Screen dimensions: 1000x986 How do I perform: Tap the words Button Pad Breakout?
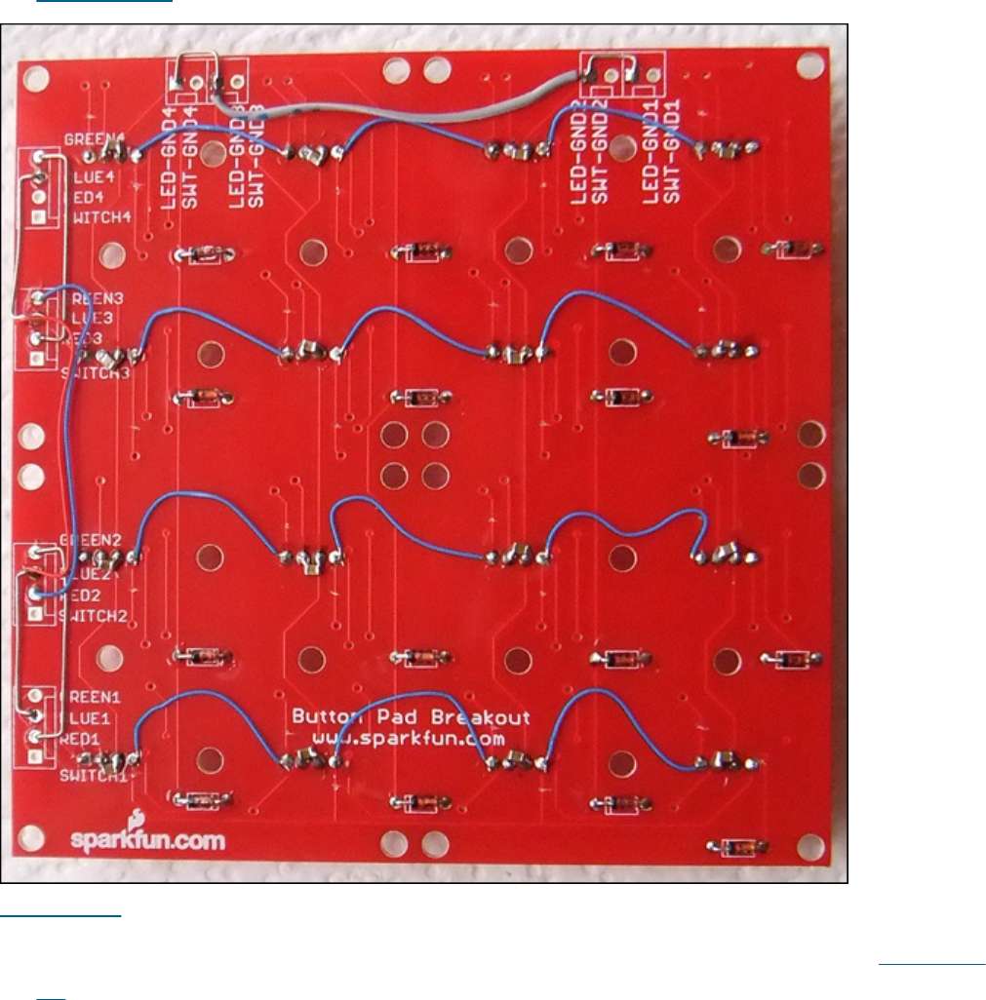tap(411, 718)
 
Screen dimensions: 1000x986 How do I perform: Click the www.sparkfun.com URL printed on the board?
tap(409, 740)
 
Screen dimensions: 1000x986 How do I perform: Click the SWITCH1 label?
tap(93, 777)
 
